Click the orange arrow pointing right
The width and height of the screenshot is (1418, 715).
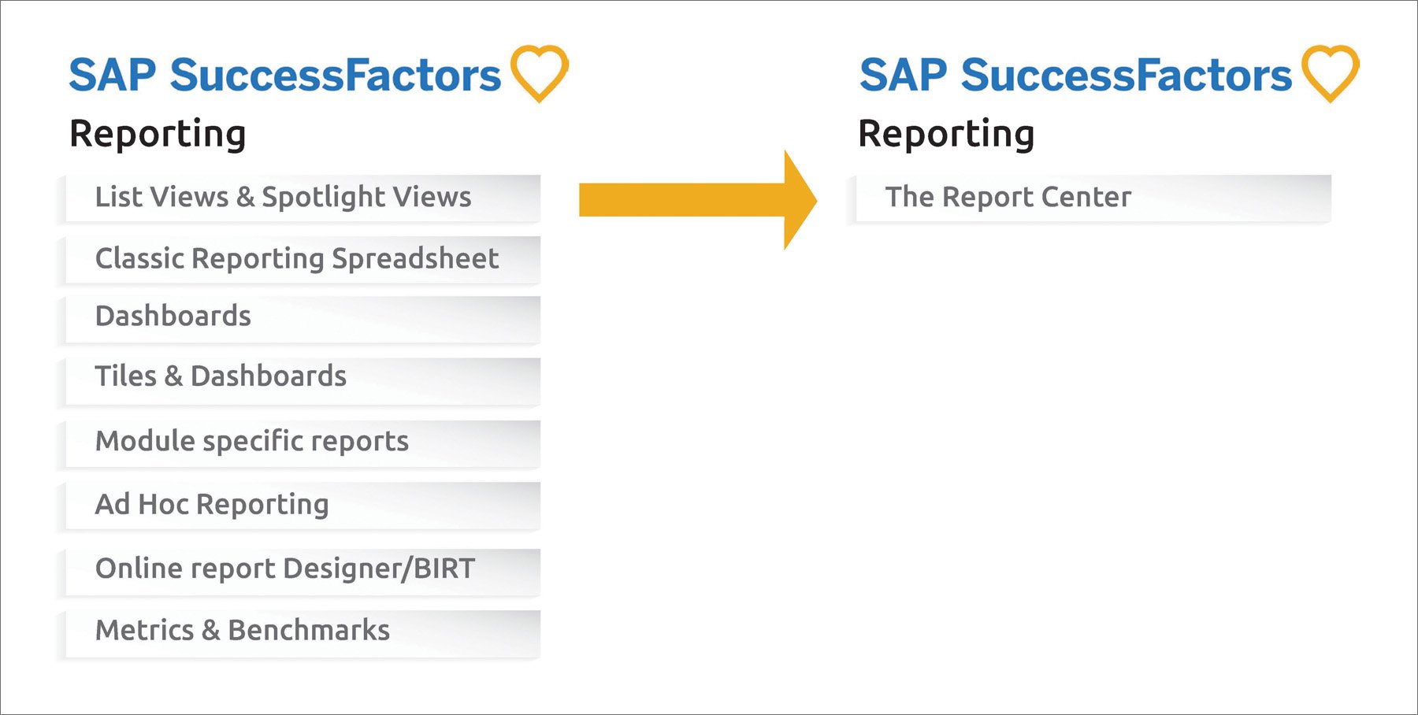(x=697, y=200)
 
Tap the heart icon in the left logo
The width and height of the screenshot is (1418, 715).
(x=540, y=73)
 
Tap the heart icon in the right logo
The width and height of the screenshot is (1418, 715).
(x=1331, y=73)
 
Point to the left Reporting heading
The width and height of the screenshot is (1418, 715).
(x=158, y=134)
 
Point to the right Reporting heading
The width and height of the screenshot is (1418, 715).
(x=946, y=134)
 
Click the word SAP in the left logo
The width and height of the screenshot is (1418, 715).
(x=113, y=76)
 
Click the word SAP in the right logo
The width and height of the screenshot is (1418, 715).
(x=903, y=76)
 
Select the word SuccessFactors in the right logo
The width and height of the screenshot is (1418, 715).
(x=1126, y=76)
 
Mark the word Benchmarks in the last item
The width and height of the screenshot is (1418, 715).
(x=309, y=631)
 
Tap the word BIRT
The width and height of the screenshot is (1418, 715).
(x=444, y=569)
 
